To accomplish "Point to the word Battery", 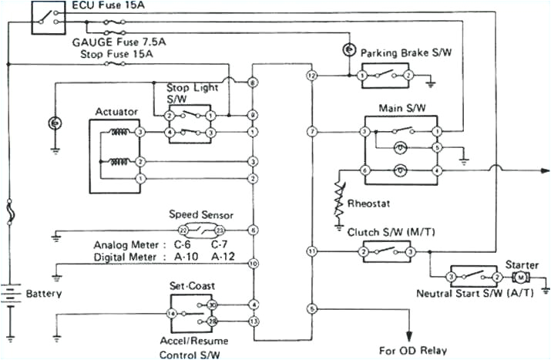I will click(x=43, y=294).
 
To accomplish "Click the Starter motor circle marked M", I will click(x=521, y=276).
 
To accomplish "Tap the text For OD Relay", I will click(x=412, y=350).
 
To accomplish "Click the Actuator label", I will click(x=116, y=113).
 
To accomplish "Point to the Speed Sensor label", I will click(x=200, y=215).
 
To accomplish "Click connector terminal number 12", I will click(x=312, y=76).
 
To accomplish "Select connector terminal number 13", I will click(x=253, y=321).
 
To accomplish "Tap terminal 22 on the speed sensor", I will click(x=183, y=230).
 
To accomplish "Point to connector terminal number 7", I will click(x=312, y=133).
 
